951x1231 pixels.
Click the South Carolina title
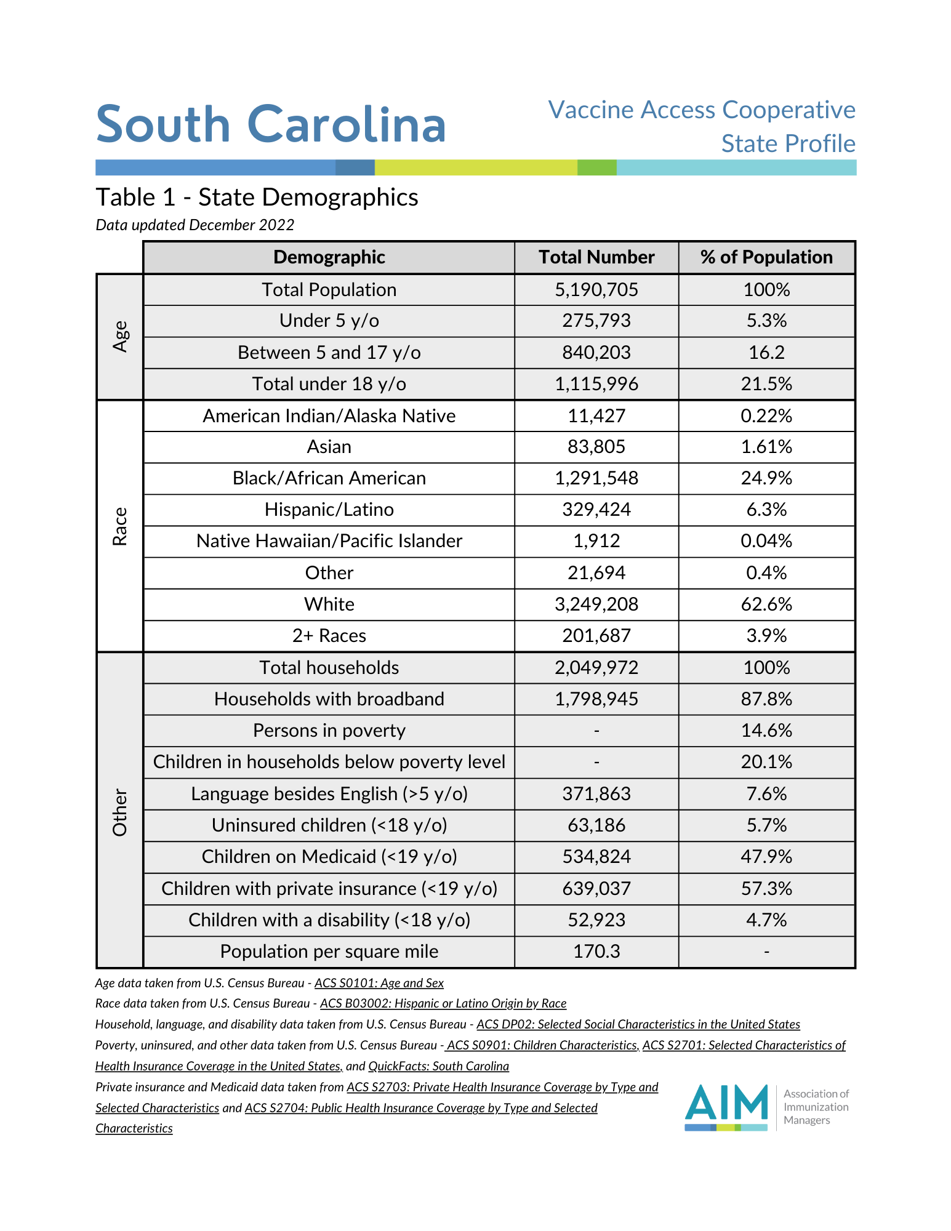[x=271, y=124]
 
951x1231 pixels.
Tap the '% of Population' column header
[x=766, y=257]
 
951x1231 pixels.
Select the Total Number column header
[x=596, y=257]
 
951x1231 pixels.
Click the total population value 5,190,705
[x=596, y=290]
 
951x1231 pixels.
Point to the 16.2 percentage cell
[x=766, y=353]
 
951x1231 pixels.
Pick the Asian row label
[x=329, y=447]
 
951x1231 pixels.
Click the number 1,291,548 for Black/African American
[x=596, y=478]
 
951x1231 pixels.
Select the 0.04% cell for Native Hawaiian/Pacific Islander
[x=766, y=541]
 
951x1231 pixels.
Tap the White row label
[x=329, y=604]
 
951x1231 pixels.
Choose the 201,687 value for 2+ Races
[x=596, y=636]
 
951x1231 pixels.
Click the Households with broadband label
[x=329, y=699]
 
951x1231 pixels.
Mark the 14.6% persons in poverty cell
[x=766, y=731]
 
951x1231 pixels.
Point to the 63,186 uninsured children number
[x=596, y=825]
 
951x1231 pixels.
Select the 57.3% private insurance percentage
[x=766, y=889]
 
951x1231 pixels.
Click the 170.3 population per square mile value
[x=596, y=952]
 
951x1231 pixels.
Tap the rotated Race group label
[x=120, y=526]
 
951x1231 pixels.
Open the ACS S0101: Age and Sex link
[x=379, y=984]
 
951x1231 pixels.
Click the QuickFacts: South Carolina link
[x=438, y=1066]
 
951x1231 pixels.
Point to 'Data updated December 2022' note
[x=195, y=225]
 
